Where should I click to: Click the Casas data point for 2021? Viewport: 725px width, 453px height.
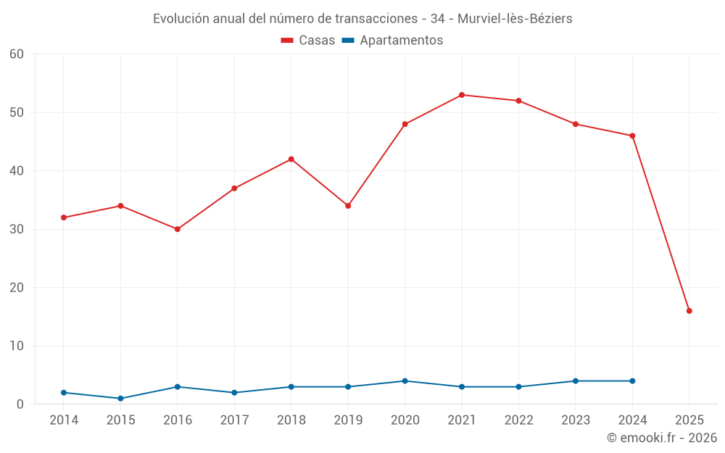(x=462, y=95)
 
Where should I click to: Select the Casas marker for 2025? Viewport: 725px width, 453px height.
(x=689, y=311)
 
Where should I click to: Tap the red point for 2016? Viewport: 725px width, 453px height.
(x=178, y=229)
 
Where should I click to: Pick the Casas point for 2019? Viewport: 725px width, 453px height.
(x=348, y=206)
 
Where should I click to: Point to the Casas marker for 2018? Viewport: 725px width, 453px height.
(x=291, y=159)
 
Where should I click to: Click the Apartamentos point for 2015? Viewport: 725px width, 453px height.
(x=120, y=399)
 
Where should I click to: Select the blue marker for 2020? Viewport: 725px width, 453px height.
(x=405, y=381)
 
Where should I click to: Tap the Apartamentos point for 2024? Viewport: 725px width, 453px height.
(x=632, y=381)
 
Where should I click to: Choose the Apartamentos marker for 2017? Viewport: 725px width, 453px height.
(x=234, y=393)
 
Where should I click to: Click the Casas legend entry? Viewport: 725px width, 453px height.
(x=308, y=41)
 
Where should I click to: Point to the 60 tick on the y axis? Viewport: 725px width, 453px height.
(x=17, y=54)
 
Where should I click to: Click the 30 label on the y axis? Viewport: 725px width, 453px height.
(x=17, y=229)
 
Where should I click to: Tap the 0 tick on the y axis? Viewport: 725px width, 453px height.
(x=20, y=404)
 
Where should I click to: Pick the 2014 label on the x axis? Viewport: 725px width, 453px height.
(x=64, y=420)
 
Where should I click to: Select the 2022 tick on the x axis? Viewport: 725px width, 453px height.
(x=519, y=420)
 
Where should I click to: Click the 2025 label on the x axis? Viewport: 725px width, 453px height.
(x=689, y=420)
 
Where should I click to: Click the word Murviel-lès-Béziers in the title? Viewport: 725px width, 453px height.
(x=515, y=19)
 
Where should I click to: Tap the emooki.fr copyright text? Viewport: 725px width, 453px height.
(x=662, y=438)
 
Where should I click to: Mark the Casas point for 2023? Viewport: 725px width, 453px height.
(x=576, y=124)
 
